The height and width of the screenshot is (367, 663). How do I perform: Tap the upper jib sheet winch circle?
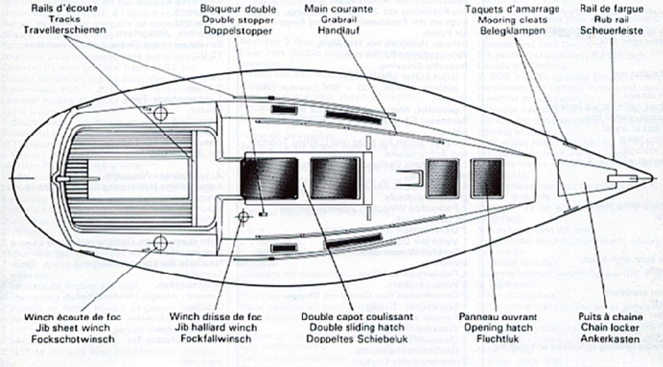(160, 113)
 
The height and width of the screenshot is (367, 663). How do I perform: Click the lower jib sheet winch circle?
(160, 242)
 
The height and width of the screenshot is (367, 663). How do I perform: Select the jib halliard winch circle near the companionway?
(243, 216)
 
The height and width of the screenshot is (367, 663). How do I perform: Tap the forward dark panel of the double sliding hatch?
(335, 179)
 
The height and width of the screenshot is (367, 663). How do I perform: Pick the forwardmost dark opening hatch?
(487, 178)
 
